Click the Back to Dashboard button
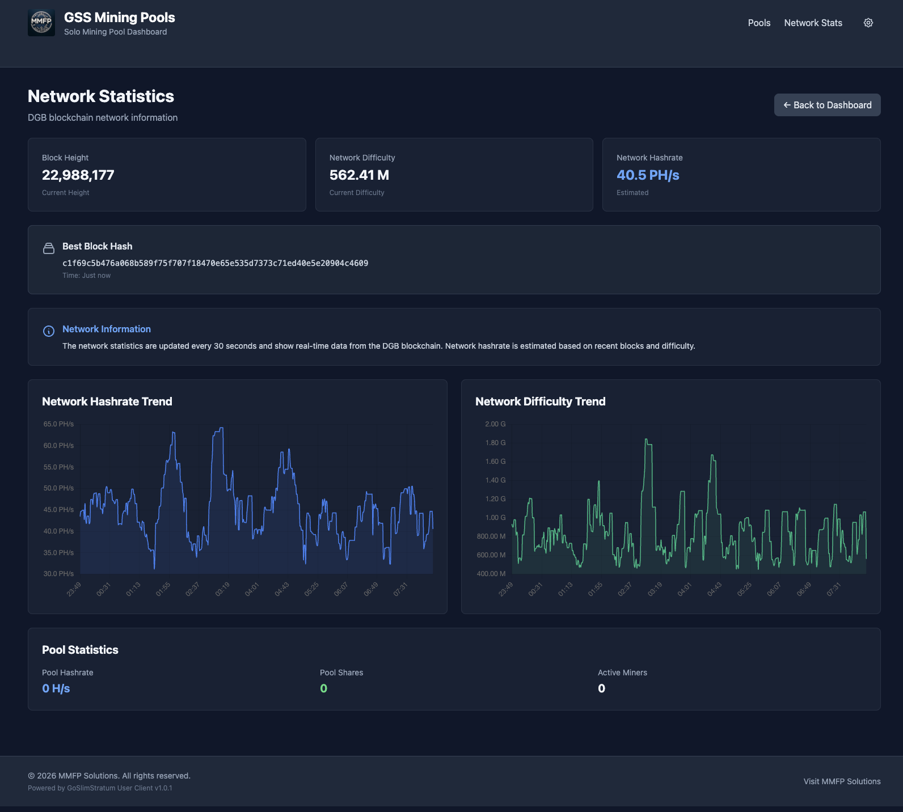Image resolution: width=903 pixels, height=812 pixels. pyautogui.click(x=827, y=105)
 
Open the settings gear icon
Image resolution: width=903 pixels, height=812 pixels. pyautogui.click(x=868, y=23)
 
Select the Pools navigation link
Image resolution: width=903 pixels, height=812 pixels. pyautogui.click(x=759, y=23)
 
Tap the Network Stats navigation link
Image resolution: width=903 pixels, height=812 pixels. pyautogui.click(x=813, y=23)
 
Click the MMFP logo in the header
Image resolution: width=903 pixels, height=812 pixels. pyautogui.click(x=41, y=23)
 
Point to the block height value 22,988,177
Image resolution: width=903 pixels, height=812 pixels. pyautogui.click(x=78, y=175)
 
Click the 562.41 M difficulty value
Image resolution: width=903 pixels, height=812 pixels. pyautogui.click(x=359, y=175)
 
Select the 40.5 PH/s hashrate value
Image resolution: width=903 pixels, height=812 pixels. pyautogui.click(x=648, y=175)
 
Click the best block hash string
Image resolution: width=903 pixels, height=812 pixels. pyautogui.click(x=215, y=263)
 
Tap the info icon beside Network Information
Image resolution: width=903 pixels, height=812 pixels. pyautogui.click(x=49, y=331)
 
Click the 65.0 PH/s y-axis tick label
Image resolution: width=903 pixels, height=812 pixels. pyautogui.click(x=58, y=424)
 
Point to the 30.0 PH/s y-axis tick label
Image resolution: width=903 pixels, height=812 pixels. pyautogui.click(x=58, y=574)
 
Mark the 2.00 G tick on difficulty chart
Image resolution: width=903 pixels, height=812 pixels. pyautogui.click(x=495, y=424)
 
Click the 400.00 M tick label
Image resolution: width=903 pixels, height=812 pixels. pyautogui.click(x=491, y=574)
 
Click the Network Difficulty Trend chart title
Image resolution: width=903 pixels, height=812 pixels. pyautogui.click(x=540, y=401)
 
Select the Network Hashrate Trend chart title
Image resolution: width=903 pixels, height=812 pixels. pyautogui.click(x=107, y=401)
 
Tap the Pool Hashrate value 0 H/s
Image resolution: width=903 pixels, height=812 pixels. pyautogui.click(x=56, y=688)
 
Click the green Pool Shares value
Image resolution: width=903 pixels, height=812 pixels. pyautogui.click(x=323, y=688)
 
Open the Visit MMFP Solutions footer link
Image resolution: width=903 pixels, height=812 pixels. pyautogui.click(x=842, y=781)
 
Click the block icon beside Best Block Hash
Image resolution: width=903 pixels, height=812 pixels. pyautogui.click(x=49, y=248)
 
